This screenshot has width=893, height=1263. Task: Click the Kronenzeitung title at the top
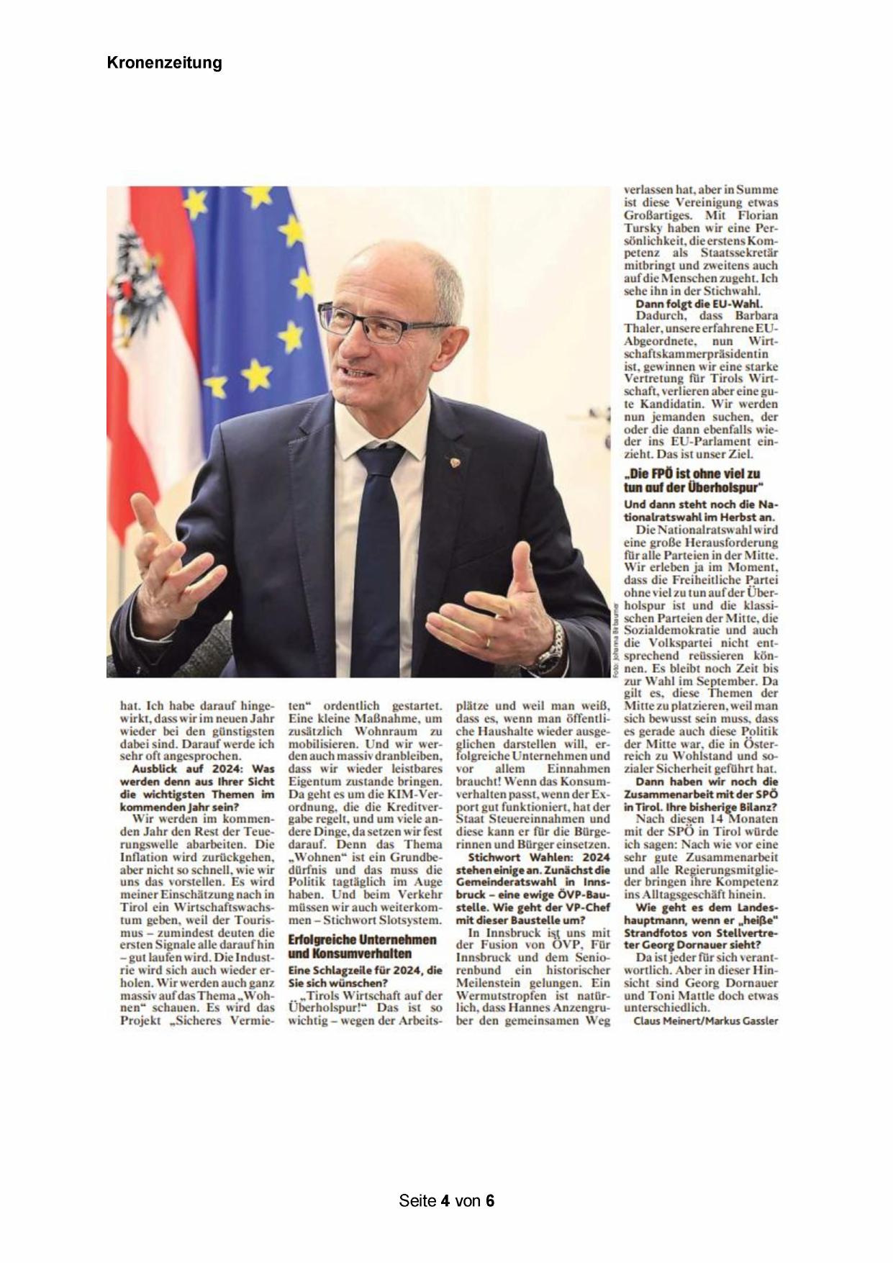click(x=164, y=63)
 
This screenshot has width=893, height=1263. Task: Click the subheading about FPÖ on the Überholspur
click(x=692, y=480)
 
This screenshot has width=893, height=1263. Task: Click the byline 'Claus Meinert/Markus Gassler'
click(x=706, y=1021)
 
